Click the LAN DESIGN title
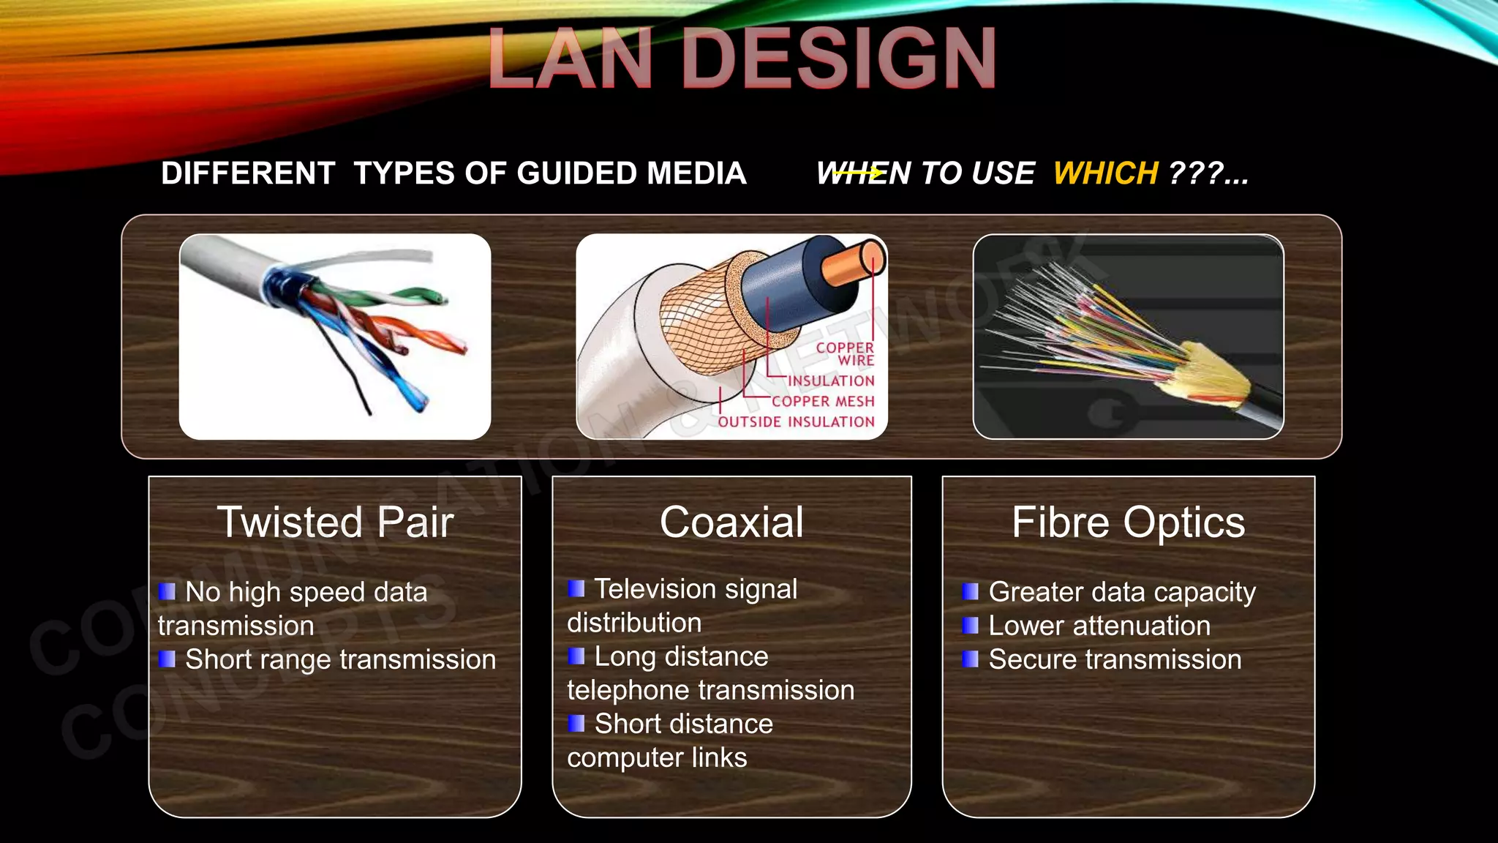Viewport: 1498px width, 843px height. click(742, 59)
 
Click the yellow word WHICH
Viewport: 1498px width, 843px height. click(1105, 173)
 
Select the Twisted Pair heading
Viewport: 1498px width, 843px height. click(335, 522)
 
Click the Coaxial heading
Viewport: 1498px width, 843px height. click(731, 522)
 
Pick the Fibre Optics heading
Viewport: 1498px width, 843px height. click(1128, 522)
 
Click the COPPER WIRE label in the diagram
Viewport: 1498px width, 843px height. click(846, 353)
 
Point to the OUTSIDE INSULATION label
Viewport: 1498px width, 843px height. click(796, 421)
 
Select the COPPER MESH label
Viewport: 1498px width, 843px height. click(823, 401)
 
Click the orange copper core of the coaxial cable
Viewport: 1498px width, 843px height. click(852, 263)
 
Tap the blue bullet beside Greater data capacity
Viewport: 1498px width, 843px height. click(970, 591)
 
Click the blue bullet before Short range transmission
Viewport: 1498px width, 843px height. click(167, 659)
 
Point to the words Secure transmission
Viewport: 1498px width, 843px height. click(1115, 659)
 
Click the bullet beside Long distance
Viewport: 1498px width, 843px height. click(576, 656)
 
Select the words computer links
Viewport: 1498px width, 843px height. click(657, 757)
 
